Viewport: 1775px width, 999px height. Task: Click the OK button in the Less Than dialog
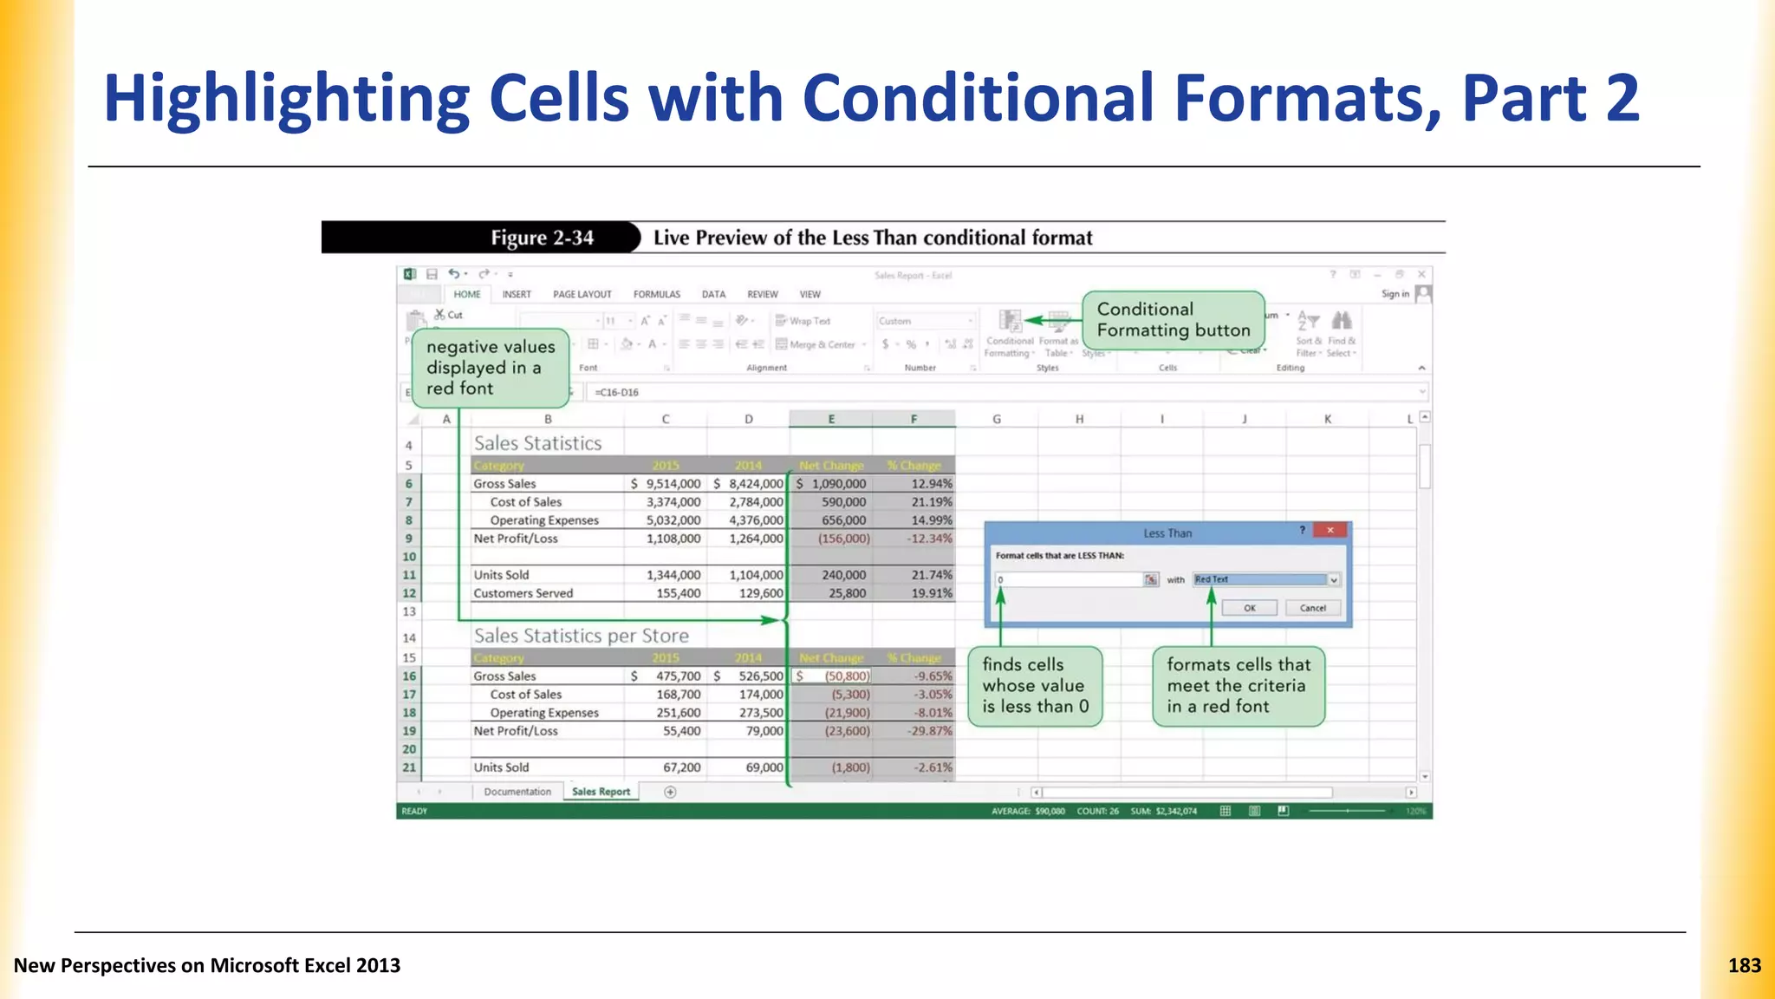(1249, 608)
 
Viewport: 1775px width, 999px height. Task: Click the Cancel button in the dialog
(1312, 608)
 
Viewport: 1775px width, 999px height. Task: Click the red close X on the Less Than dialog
(1330, 530)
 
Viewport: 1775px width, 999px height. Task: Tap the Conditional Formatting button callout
(1173, 320)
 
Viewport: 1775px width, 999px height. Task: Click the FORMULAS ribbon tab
(656, 294)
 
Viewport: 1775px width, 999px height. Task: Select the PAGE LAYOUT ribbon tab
(582, 294)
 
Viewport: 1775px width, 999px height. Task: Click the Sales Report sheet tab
(601, 792)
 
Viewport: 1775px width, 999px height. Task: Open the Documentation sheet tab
(517, 792)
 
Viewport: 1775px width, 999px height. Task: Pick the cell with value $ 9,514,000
(666, 484)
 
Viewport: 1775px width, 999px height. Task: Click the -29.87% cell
(915, 731)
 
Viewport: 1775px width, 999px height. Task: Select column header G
(996, 419)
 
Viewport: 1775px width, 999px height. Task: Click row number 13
(409, 611)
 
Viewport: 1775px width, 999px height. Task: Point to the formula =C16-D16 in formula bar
(616, 392)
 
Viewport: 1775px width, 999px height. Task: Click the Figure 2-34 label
(542, 238)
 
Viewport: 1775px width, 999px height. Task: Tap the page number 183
(1744, 965)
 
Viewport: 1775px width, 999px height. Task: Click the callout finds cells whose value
(1035, 686)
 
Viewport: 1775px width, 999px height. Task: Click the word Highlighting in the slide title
(286, 98)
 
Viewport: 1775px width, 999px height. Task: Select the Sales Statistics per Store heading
(581, 636)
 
